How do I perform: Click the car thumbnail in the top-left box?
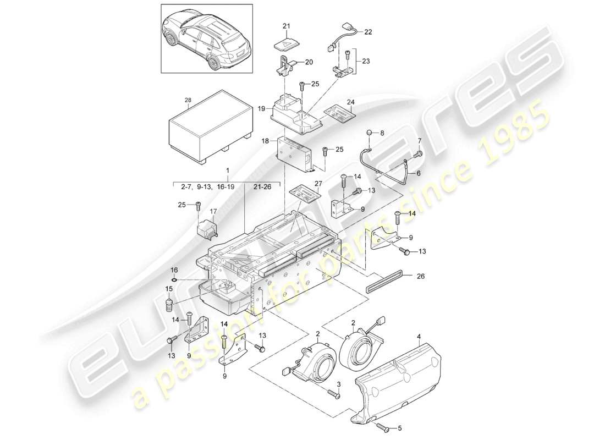tap(206, 38)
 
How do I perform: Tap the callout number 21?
tap(286, 26)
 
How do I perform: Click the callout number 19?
tap(261, 109)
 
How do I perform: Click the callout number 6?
tap(418, 173)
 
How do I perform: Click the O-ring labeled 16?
tap(174, 279)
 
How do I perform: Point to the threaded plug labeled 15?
tap(170, 304)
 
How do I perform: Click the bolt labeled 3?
tap(334, 393)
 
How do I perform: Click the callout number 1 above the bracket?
tap(227, 172)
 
